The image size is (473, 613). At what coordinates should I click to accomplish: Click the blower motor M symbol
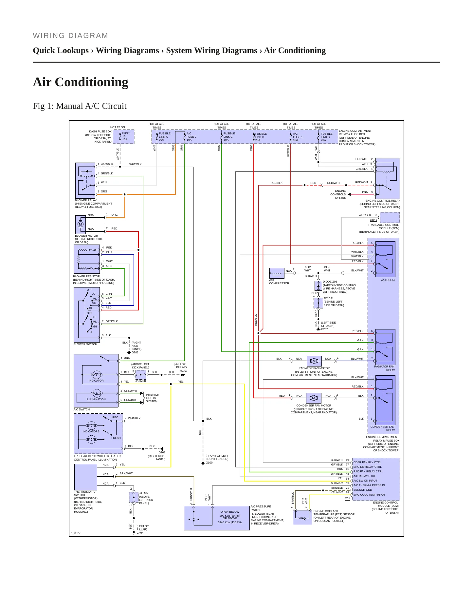81,225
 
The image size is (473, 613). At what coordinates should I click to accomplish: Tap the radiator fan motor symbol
314,361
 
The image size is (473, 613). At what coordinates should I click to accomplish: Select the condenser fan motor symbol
314,398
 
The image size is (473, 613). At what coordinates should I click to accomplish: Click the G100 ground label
209,463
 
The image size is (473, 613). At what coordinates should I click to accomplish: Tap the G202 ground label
324,329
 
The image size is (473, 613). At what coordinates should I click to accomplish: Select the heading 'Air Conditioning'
81,82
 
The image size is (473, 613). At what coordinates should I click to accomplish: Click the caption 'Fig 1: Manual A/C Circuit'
80,106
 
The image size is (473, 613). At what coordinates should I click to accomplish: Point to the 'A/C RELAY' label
388,280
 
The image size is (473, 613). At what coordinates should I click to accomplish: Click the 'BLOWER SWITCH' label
85,344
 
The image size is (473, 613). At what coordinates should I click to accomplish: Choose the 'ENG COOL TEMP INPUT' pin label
369,495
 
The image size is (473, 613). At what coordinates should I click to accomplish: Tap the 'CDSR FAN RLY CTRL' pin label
367,462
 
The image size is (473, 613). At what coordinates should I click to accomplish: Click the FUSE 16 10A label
126,136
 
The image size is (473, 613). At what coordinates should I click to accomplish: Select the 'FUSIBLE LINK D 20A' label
261,137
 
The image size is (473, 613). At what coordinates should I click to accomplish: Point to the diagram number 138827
76,533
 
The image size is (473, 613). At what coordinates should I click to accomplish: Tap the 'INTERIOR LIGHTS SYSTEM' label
152,398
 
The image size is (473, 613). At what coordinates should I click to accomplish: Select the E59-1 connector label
373,220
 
